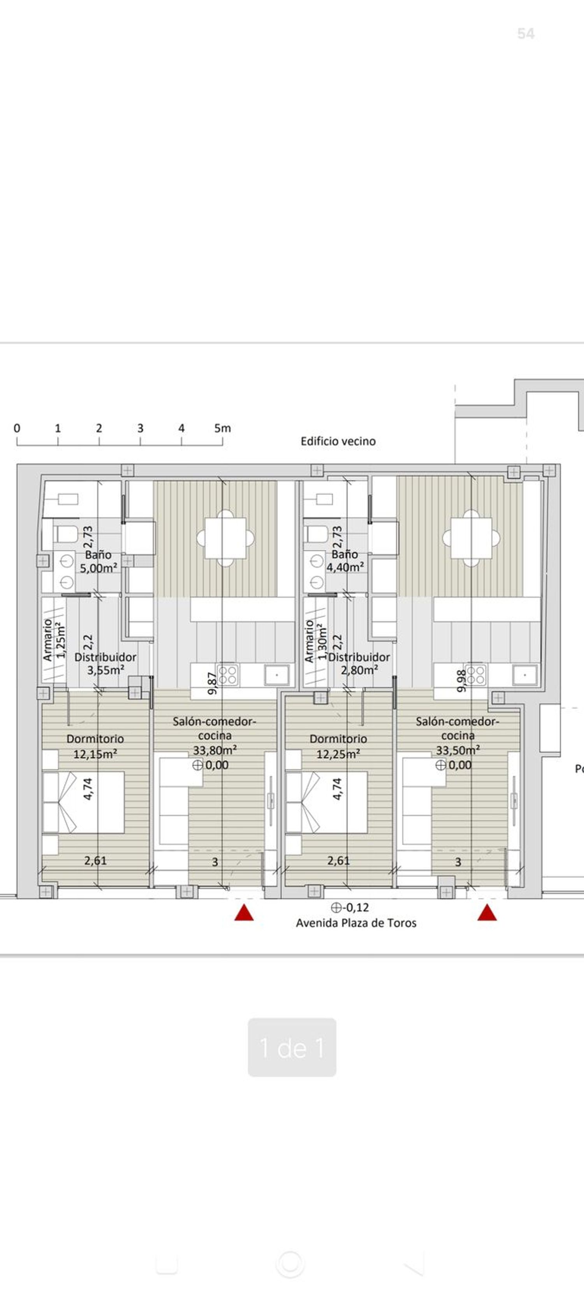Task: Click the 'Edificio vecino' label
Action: tap(338, 441)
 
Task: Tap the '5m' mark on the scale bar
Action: tap(222, 428)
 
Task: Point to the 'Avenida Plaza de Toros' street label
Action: tap(356, 923)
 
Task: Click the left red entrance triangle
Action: tap(244, 912)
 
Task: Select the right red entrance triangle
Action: tap(487, 912)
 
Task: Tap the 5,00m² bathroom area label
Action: tap(99, 568)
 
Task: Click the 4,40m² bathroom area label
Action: tap(345, 567)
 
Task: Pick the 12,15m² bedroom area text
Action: tap(95, 755)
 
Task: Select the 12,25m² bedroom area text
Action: tap(338, 755)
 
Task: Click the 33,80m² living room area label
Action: tap(215, 750)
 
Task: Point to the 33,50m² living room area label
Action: tap(458, 750)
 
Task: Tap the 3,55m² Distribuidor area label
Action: tap(106, 670)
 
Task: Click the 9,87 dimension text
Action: tap(212, 683)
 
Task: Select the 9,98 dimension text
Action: tap(461, 680)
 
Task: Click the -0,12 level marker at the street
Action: tap(350, 908)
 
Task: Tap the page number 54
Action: tap(526, 34)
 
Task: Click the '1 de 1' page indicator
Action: tap(292, 1048)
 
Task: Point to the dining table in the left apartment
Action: tap(225, 538)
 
